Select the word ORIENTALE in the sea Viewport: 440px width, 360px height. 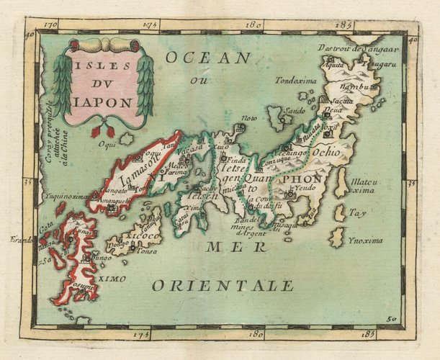223,286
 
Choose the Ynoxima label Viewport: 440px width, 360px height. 364,240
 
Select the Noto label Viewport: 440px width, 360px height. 248,117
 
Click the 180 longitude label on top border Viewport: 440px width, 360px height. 253,25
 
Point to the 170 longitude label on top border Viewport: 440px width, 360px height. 50,25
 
